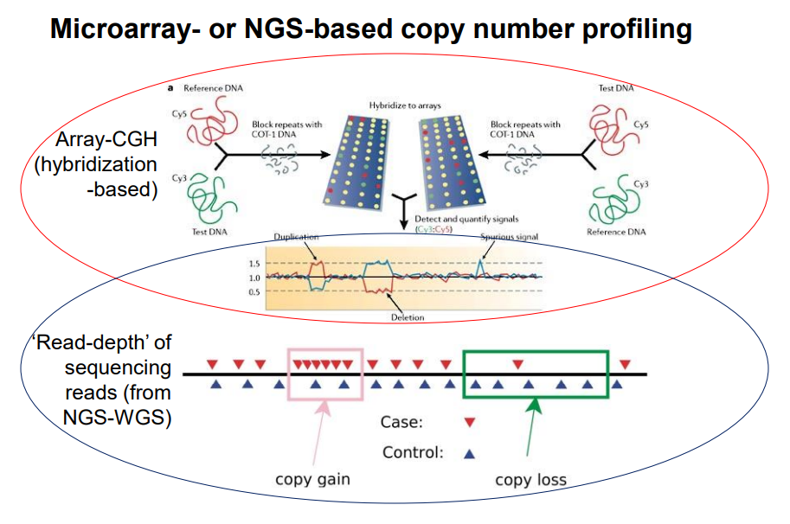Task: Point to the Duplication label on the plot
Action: pyautogui.click(x=297, y=236)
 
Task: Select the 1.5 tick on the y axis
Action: pyautogui.click(x=254, y=263)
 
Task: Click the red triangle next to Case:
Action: pyautogui.click(x=471, y=424)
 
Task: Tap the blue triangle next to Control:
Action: pyautogui.click(x=471, y=452)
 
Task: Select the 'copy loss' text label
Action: pyautogui.click(x=530, y=480)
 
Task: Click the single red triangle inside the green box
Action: pyautogui.click(x=517, y=363)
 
